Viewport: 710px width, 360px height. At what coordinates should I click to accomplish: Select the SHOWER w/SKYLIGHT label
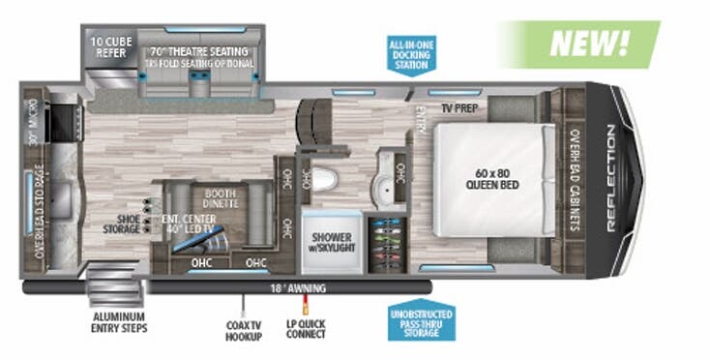(332, 239)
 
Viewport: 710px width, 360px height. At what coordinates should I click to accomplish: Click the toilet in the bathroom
(327, 178)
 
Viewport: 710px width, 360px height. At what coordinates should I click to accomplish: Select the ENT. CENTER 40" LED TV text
(190, 225)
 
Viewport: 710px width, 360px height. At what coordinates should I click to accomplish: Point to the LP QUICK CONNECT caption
(306, 329)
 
